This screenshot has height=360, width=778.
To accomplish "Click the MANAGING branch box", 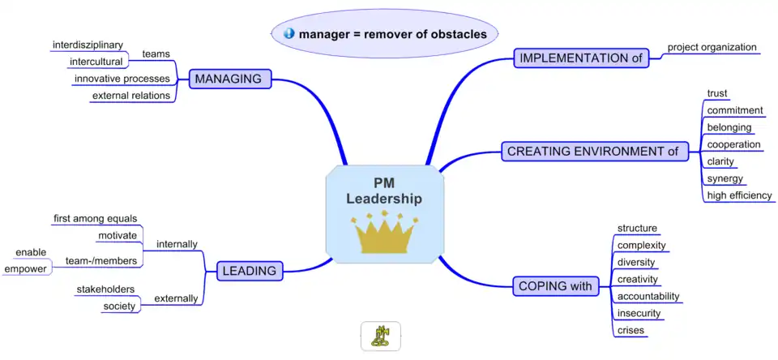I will (229, 79).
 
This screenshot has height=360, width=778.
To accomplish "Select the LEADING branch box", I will (250, 271).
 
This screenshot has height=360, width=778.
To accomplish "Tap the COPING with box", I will (555, 285).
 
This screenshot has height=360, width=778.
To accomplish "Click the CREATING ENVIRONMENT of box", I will (592, 151).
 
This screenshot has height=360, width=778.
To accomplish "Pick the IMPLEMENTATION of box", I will (582, 58).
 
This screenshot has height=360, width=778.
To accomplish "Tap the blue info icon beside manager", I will (289, 34).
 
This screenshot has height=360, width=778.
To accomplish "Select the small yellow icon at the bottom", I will (380, 336).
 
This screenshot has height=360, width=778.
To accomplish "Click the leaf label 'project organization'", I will (712, 46).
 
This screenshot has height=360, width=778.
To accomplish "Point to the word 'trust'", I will (717, 93).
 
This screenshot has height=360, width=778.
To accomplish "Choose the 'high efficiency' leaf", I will (739, 195).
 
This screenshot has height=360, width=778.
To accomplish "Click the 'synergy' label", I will (725, 178).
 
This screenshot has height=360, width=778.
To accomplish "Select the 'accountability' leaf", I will (648, 296).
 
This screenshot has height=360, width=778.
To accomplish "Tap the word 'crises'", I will (631, 330).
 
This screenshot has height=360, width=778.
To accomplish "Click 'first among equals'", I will (95, 218).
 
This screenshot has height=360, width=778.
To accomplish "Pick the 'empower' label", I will (25, 268).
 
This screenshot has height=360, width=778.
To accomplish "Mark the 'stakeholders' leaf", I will (105, 289).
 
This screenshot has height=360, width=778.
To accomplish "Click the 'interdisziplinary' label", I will (88, 44).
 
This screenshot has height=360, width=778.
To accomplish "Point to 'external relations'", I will (130, 96).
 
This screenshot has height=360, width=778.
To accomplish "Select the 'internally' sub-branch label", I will (177, 243).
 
